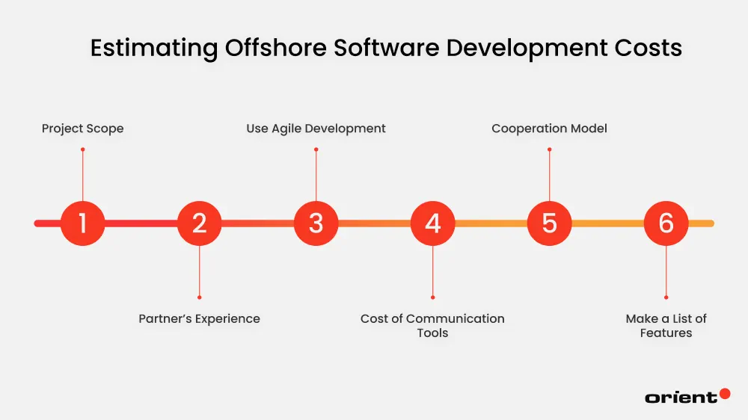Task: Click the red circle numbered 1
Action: coord(82,223)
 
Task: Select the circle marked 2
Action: coord(199,223)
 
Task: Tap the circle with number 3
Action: coord(316,223)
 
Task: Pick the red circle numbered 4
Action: coord(432,223)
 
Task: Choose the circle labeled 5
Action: coord(549,223)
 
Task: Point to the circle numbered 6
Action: coord(666,223)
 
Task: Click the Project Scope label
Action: coord(82,129)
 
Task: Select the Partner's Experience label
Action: coord(199,318)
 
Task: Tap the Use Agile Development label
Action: coord(316,129)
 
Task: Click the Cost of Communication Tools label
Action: coord(432,325)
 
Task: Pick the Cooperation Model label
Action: coord(549,129)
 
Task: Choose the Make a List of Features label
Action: coord(666,325)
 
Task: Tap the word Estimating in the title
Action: coord(154,48)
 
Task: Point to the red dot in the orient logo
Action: coord(724,394)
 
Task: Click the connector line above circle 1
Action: coord(82,175)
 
